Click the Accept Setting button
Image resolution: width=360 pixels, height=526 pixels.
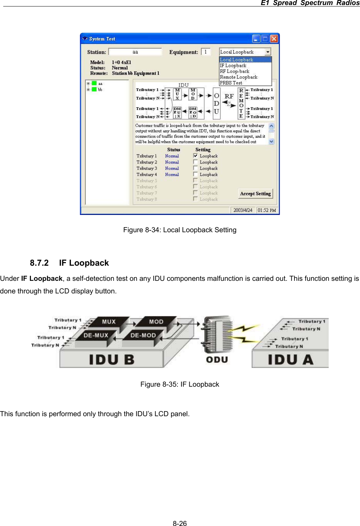tap(255, 194)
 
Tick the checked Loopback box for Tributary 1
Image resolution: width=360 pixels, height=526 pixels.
tap(195, 156)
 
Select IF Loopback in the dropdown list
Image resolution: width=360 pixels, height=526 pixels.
tap(233, 66)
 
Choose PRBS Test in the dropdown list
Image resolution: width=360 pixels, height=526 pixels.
tap(231, 83)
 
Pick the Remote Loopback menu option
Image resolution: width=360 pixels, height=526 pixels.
tap(239, 77)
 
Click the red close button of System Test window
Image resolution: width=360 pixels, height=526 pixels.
tap(274, 39)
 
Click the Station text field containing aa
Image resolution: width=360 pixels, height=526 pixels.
tap(135, 52)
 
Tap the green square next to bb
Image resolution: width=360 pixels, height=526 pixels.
tap(94, 89)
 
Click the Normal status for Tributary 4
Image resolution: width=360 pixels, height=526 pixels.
tap(172, 175)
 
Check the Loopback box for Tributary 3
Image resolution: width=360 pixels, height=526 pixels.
tap(195, 168)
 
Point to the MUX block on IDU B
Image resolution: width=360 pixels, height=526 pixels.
tap(109, 322)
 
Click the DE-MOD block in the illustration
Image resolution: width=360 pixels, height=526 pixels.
tap(143, 335)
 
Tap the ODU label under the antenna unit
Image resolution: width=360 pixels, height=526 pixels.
tap(217, 360)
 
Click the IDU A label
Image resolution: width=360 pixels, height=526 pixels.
tap(290, 360)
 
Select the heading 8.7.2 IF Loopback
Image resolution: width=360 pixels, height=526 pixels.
tap(69, 263)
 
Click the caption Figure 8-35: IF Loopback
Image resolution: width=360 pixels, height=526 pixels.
tap(180, 384)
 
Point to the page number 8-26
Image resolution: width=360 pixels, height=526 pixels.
tap(180, 523)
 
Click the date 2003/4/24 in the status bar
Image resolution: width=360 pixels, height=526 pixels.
tap(243, 210)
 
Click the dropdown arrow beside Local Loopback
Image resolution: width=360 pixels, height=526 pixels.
tap(268, 52)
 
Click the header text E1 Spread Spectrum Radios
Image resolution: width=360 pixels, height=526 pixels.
tap(310, 3)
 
